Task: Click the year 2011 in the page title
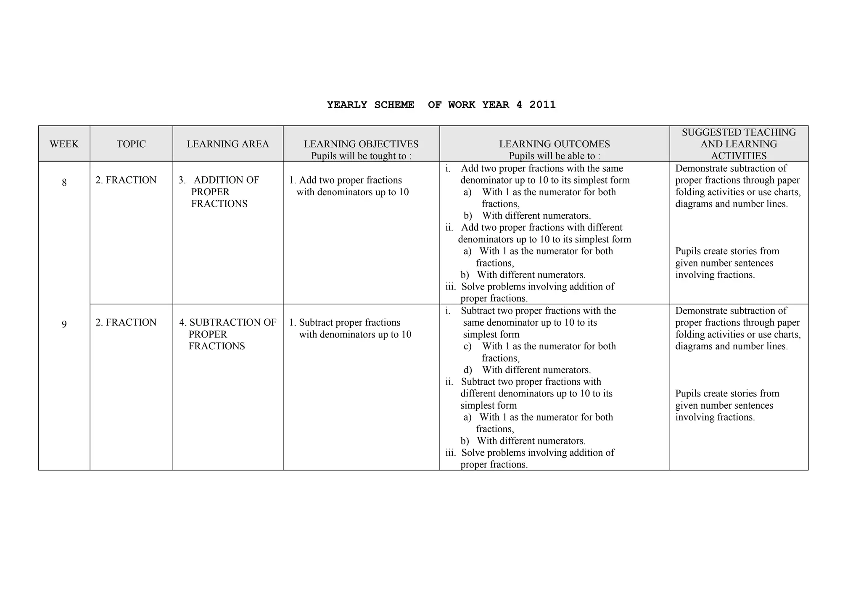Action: pos(542,105)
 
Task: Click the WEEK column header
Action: pos(64,144)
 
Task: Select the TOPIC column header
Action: pos(131,144)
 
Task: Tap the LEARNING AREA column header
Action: pos(228,144)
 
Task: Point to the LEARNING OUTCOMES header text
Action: pos(554,144)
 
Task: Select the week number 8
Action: pos(64,183)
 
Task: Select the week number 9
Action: pos(64,324)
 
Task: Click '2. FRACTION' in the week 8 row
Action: pos(126,180)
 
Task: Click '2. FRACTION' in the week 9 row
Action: pos(126,322)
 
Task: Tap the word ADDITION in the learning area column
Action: pos(226,180)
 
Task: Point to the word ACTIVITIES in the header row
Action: pos(739,156)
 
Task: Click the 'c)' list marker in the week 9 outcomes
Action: pos(467,346)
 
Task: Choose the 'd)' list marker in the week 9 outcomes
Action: pos(467,370)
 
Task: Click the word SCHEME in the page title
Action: pos(394,105)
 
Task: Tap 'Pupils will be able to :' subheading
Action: pos(554,156)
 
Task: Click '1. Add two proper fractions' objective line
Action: pos(345,180)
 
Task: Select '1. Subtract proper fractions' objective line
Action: pos(344,322)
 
